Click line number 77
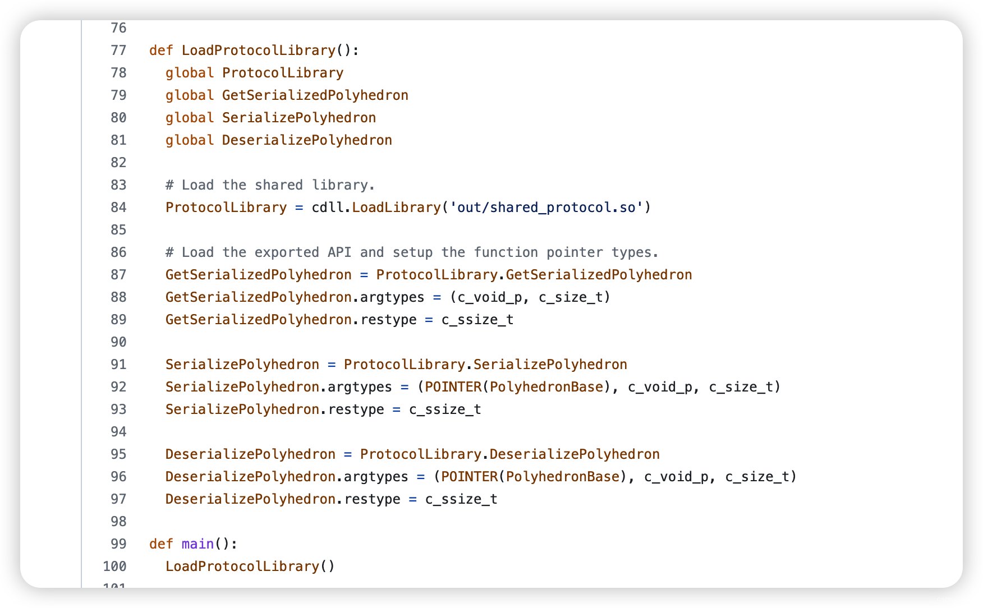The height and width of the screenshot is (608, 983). pyautogui.click(x=118, y=50)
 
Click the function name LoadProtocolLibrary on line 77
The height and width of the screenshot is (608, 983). pyautogui.click(x=259, y=50)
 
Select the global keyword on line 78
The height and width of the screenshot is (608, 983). pyautogui.click(x=190, y=73)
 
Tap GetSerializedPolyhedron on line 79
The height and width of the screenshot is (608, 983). pyautogui.click(x=315, y=95)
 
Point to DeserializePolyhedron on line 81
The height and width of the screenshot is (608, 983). pyautogui.click(x=307, y=140)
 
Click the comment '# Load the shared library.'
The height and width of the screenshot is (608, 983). pyautogui.click(x=270, y=185)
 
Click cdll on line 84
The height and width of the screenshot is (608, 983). pyautogui.click(x=328, y=208)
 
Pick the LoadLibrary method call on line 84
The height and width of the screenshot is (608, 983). pyautogui.click(x=397, y=208)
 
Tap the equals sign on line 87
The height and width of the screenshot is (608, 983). pyautogui.click(x=364, y=275)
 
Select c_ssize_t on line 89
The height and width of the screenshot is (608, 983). pyautogui.click(x=477, y=320)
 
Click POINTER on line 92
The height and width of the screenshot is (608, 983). pyautogui.click(x=453, y=387)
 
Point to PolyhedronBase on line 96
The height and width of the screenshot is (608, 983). pyautogui.click(x=563, y=477)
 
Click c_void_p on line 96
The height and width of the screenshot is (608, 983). pyautogui.click(x=677, y=477)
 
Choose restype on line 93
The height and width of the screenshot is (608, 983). pyautogui.click(x=356, y=409)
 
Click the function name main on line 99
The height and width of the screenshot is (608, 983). pyautogui.click(x=198, y=544)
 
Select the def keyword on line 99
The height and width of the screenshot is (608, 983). pyautogui.click(x=161, y=544)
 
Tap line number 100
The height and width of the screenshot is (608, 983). pyautogui.click(x=115, y=566)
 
